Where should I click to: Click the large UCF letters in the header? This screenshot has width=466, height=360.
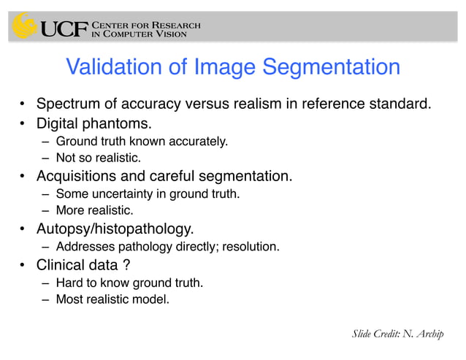click(64, 28)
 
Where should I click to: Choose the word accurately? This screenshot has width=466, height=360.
click(196, 141)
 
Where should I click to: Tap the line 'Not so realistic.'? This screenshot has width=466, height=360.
click(98, 158)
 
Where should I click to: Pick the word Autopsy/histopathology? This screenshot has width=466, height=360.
click(115, 229)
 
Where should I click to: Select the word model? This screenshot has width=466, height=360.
click(152, 299)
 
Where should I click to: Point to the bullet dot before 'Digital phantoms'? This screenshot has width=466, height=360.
click(23, 123)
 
